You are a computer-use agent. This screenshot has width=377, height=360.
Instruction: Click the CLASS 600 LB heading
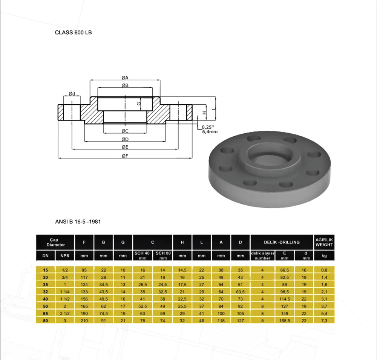(74, 32)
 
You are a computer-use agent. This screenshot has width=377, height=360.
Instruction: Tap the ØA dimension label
(125, 78)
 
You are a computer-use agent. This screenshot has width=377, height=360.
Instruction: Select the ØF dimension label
(125, 156)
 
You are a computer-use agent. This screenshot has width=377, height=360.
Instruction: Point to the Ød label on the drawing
(72, 94)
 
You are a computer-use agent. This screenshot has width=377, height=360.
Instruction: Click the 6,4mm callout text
(210, 131)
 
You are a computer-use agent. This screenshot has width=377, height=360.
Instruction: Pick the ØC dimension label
(125, 131)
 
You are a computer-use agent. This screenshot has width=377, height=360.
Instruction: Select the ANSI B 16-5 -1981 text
(78, 221)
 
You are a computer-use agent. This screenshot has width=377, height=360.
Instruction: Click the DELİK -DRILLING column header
(282, 242)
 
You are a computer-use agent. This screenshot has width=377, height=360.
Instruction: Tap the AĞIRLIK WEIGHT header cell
(324, 242)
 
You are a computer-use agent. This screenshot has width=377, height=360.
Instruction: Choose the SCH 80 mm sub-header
(163, 256)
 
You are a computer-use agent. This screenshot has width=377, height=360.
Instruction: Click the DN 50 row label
(46, 306)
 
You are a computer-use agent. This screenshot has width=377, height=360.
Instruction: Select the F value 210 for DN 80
(84, 320)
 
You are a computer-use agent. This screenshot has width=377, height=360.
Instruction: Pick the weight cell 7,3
(324, 320)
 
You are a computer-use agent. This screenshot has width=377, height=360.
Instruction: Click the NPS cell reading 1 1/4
(65, 292)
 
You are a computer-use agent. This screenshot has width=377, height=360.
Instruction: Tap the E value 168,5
(284, 320)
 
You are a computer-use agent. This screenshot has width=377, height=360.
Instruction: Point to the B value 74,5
(103, 313)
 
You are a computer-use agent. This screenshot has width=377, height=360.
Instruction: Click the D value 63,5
(240, 292)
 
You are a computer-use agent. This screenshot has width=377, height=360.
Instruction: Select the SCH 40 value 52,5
(143, 306)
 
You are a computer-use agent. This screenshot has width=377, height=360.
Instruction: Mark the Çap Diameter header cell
(55, 242)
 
